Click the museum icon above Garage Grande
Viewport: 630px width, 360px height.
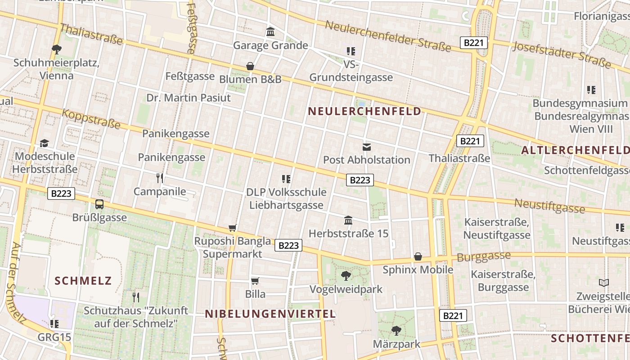click(270, 32)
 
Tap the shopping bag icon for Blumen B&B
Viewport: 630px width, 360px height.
click(250, 66)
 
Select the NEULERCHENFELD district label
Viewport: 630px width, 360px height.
click(364, 111)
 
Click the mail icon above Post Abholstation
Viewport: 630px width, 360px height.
click(367, 147)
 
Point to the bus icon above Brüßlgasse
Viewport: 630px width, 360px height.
click(99, 204)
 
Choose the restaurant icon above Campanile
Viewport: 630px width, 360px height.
click(160, 178)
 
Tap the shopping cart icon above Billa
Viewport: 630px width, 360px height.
click(255, 281)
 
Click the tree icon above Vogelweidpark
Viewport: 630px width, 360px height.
click(346, 275)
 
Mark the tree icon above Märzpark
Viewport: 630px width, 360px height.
click(396, 331)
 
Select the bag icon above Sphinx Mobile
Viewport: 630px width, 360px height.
click(418, 256)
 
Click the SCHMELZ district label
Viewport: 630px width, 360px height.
click(83, 281)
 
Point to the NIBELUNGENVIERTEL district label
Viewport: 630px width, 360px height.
click(270, 314)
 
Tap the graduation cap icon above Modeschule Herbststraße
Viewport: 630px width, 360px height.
click(44, 143)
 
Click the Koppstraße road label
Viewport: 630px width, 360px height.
click(91, 118)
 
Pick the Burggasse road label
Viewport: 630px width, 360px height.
click(484, 256)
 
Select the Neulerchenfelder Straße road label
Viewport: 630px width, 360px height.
click(388, 36)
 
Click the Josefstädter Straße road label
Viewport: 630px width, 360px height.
click(562, 55)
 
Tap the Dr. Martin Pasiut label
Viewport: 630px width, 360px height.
click(189, 98)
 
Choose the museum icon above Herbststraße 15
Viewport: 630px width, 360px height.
click(348, 220)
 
